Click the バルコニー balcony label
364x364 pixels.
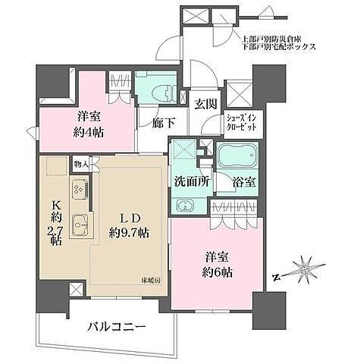pos(115,327)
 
